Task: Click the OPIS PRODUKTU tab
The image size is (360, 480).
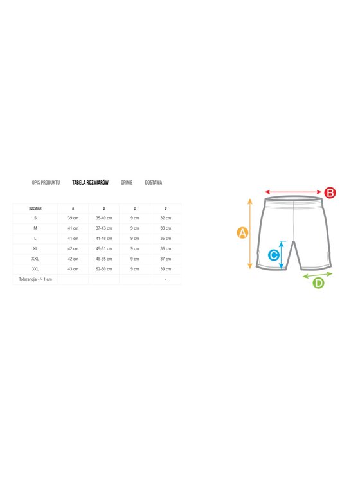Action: click(46, 183)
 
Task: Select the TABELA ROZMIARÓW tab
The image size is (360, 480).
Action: click(90, 183)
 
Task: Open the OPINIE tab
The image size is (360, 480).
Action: click(127, 183)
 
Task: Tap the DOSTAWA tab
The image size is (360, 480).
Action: click(154, 183)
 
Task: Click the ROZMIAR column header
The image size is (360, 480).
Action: click(35, 208)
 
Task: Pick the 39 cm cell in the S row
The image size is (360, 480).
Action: click(73, 218)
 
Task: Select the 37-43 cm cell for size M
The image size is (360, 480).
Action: click(104, 228)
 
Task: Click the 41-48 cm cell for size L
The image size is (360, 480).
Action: click(104, 239)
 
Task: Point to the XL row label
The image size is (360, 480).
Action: click(35, 248)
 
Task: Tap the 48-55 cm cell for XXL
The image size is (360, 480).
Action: click(104, 259)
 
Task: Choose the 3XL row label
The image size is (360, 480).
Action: click(35, 269)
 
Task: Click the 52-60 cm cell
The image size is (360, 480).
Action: click(104, 269)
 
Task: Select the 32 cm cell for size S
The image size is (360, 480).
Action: click(166, 218)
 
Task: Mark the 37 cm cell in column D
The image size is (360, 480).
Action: click(166, 259)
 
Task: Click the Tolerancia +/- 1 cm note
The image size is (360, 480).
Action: click(35, 279)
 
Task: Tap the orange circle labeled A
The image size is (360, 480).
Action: click(242, 233)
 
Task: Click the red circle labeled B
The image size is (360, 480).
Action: click(330, 192)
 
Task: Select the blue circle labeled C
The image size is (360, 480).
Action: click(274, 255)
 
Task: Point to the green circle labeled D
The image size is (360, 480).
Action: click(318, 282)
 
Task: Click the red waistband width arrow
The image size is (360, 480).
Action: click(293, 192)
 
